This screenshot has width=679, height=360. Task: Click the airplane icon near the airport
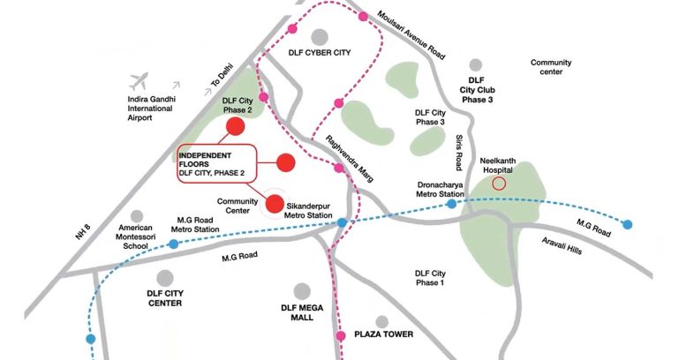click(139, 81)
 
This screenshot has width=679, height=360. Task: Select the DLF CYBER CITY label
click(320, 53)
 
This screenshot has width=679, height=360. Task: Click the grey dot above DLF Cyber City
click(319, 36)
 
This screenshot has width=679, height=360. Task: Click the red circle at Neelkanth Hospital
click(499, 184)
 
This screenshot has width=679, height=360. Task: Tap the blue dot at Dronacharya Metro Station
click(451, 204)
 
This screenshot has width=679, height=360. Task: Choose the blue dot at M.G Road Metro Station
click(174, 244)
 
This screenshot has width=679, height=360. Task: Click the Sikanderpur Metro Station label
click(309, 211)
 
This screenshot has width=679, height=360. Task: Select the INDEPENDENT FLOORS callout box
click(216, 163)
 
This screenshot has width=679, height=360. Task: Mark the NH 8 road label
click(84, 230)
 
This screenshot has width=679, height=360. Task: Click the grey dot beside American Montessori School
click(136, 216)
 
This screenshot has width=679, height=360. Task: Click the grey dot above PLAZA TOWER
click(381, 322)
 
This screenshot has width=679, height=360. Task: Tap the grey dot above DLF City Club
click(476, 65)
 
